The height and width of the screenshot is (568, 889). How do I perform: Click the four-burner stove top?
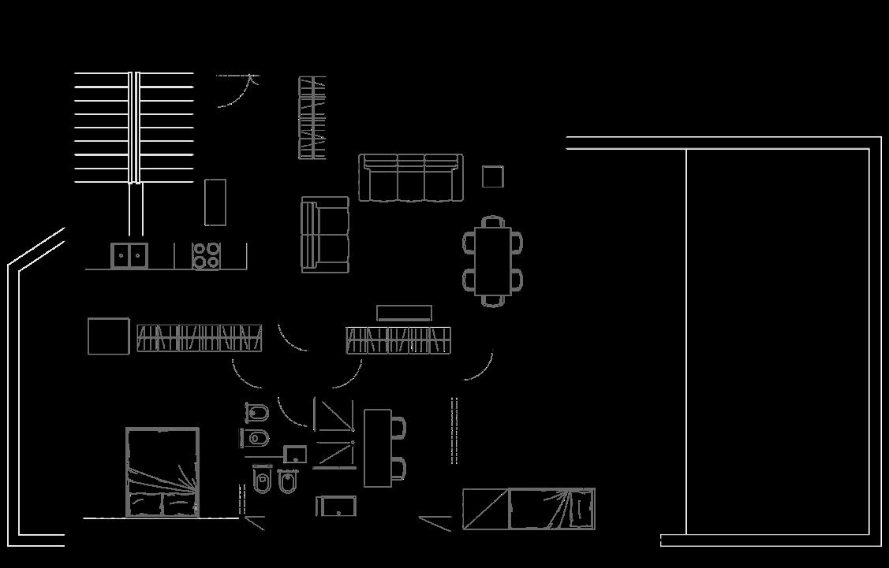tap(206, 256)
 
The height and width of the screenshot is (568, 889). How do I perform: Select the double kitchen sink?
tap(129, 255)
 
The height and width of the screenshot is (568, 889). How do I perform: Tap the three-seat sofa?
tap(409, 177)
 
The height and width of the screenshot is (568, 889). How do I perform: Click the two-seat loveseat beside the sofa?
tap(325, 235)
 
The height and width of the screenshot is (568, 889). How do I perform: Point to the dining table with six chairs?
tap(493, 261)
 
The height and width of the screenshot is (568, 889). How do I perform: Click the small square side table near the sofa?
tap(493, 176)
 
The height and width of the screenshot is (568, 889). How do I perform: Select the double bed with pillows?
tap(162, 472)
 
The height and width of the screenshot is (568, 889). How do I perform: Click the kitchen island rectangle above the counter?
tap(215, 202)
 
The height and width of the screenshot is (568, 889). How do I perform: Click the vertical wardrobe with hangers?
tap(312, 118)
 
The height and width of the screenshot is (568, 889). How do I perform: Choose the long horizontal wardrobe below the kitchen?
tap(199, 338)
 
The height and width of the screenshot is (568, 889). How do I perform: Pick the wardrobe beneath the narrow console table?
tap(398, 340)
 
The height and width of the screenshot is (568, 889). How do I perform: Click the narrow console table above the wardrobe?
tap(404, 313)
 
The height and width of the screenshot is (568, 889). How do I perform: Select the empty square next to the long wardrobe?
tap(108, 336)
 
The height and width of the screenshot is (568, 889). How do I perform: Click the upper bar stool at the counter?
tap(398, 428)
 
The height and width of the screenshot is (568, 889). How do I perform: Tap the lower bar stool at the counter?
tap(398, 469)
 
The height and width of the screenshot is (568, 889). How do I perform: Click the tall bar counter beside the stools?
tap(376, 447)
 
